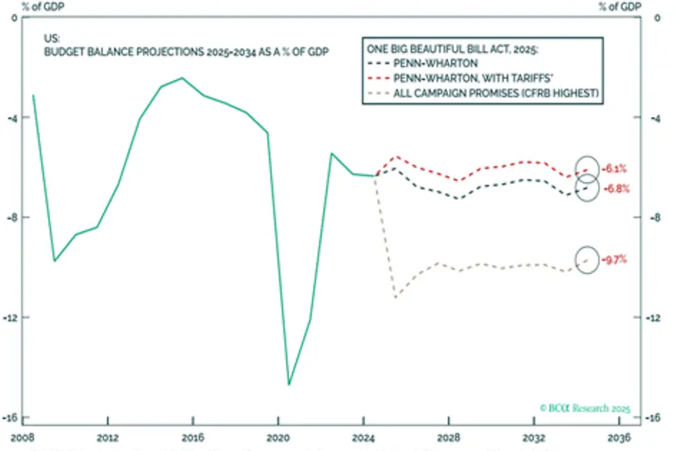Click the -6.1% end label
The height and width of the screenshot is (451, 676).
click(x=616, y=168)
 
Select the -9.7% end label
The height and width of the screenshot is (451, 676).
click(x=616, y=260)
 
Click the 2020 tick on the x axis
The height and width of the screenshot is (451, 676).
click(x=277, y=438)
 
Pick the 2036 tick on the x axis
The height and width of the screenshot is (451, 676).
click(x=620, y=438)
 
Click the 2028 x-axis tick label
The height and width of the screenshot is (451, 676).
click(x=449, y=438)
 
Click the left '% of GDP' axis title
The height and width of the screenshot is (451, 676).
click(x=21, y=6)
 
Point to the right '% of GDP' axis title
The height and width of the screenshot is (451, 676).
click(x=619, y=6)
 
